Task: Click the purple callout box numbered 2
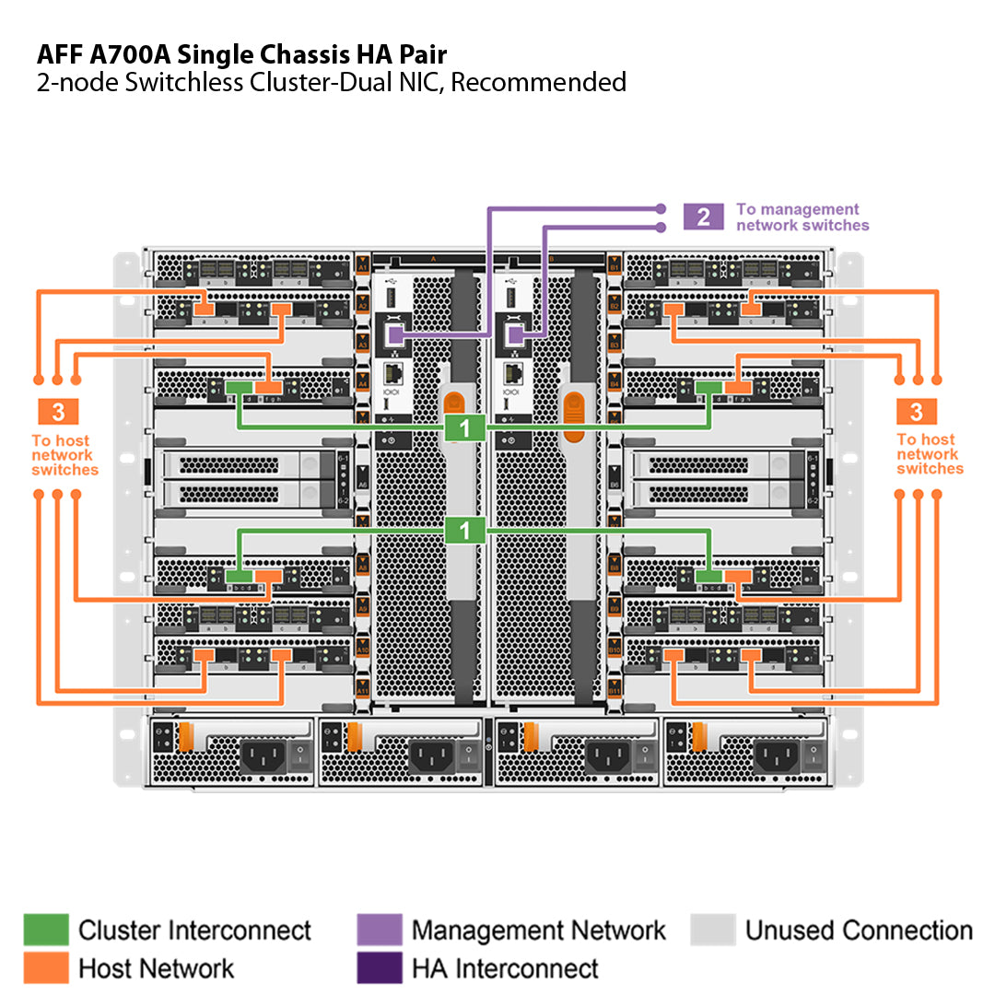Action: click(704, 217)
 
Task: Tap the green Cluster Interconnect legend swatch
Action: click(45, 930)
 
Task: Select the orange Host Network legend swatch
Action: click(45, 967)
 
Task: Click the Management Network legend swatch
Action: click(379, 930)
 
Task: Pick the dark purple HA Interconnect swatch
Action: click(379, 967)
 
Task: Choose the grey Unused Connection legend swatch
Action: click(712, 930)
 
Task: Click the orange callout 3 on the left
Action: click(58, 412)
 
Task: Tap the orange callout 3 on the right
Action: click(917, 412)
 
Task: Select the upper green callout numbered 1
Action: click(466, 427)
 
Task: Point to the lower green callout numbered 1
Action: click(466, 530)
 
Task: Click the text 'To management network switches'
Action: click(802, 217)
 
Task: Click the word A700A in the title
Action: click(131, 53)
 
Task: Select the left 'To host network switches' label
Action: click(64, 454)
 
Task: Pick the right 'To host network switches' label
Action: click(930, 454)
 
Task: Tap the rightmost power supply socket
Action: click(775, 757)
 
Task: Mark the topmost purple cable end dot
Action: click(661, 208)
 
